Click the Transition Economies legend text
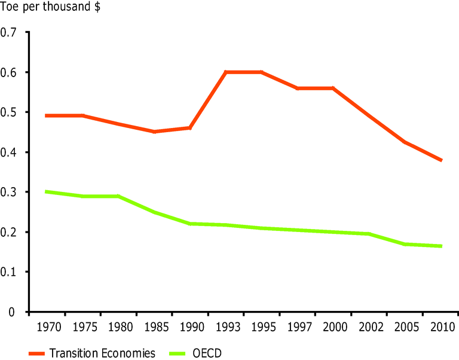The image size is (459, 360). pyautogui.click(x=103, y=353)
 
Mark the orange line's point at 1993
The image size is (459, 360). pyautogui.click(x=226, y=72)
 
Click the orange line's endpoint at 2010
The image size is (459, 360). pyautogui.click(x=441, y=160)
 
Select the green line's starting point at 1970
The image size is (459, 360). pyautogui.click(x=47, y=192)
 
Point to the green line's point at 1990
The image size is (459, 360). pyautogui.click(x=190, y=224)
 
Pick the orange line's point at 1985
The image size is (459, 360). pyautogui.click(x=154, y=132)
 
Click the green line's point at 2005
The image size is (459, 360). pyautogui.click(x=405, y=244)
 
